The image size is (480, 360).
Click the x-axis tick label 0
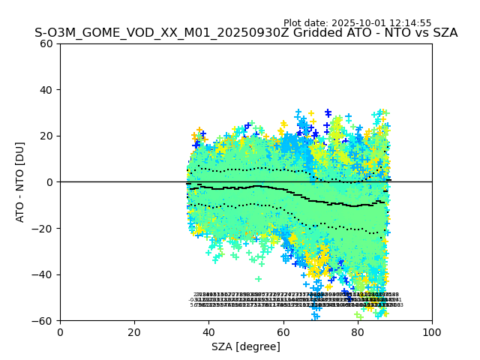(x=60, y=332)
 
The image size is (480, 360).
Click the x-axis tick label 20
(x=134, y=332)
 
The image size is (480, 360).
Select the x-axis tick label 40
(x=208, y=332)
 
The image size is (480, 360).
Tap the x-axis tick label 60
(x=283, y=332)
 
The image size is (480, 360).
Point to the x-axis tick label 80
(x=358, y=332)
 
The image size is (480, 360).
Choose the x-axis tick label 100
(x=432, y=332)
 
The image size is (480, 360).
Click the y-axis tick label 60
(x=47, y=43)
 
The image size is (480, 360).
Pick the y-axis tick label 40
(x=47, y=90)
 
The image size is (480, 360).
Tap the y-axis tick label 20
(x=47, y=136)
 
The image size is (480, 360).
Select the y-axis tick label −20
(x=44, y=229)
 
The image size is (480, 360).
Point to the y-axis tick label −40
(x=44, y=274)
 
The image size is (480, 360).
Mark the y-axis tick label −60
(x=44, y=321)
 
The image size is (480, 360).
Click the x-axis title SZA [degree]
(x=246, y=346)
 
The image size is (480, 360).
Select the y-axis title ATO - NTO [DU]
(x=21, y=182)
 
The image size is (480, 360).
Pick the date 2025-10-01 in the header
(x=357, y=23)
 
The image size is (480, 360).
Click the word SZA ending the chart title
(x=442, y=33)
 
